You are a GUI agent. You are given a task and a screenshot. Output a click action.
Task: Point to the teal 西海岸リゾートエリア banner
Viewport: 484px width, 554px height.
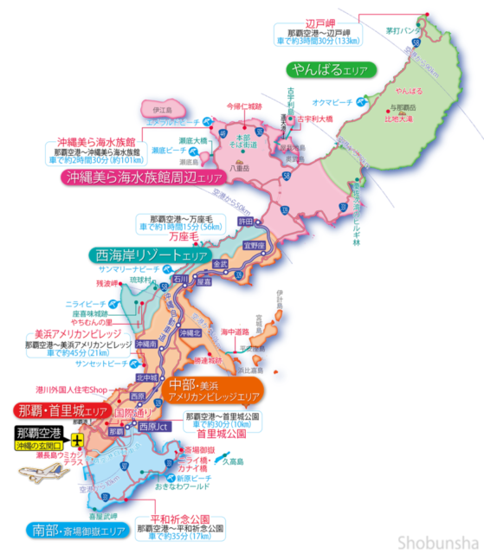149,255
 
